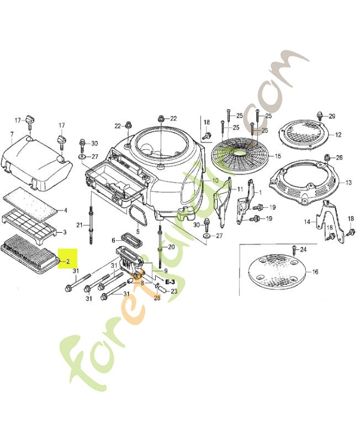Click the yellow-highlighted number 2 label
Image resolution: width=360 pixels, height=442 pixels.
68,261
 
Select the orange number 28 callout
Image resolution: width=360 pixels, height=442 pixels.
156,298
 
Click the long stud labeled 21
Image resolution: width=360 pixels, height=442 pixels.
89,224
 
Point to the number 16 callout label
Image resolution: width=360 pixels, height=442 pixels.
315,272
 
